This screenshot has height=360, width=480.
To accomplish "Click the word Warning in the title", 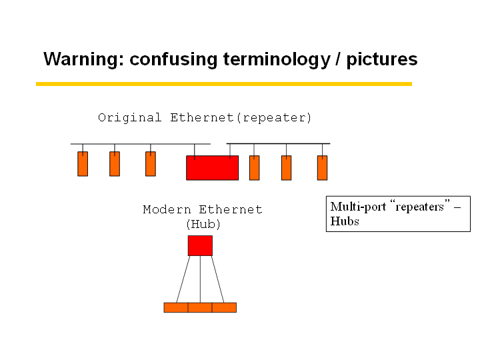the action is coord(83,59).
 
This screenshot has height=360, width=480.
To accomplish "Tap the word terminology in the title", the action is coord(277,59).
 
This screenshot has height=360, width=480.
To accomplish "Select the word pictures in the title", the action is coord(382,59).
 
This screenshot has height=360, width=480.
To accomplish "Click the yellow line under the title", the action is coord(224,84).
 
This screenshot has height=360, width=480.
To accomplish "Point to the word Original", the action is coord(130,117).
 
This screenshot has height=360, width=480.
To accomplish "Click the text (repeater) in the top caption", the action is coord(274,118).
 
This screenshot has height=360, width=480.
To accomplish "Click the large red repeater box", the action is coord(213,168).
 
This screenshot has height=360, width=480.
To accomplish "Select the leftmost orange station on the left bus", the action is coord(83,164).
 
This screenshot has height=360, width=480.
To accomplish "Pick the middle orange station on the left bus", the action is coord(115,164).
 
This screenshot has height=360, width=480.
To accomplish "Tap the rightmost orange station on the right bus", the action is coord(323,168).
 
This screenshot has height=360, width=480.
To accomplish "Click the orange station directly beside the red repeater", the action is coord(255,168).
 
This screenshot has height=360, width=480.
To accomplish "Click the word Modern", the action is coord(167,210).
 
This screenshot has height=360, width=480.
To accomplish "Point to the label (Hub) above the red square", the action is coord(203,225).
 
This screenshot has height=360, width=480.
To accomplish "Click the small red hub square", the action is coord(200,245).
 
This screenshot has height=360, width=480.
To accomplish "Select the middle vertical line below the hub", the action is coord(200,279).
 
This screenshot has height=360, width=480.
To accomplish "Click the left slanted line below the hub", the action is coord(183,279).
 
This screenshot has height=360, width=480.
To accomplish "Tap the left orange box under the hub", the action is coord(176,307).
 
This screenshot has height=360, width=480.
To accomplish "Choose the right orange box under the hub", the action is coord(224,307).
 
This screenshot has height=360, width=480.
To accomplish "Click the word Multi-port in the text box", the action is coord(358,207).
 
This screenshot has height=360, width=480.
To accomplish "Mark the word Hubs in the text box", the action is coord(345,221).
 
